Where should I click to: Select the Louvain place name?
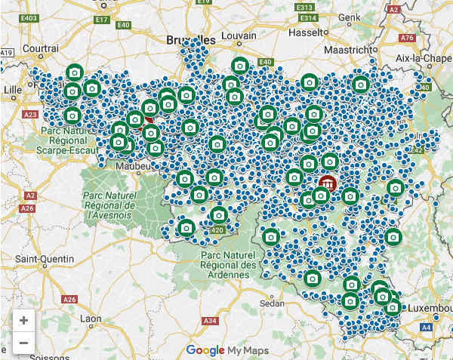241,36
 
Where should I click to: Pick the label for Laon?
90,318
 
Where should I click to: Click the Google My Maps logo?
225,349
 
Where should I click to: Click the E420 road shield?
217,230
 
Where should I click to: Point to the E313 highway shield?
307,18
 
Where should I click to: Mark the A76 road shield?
407,37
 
